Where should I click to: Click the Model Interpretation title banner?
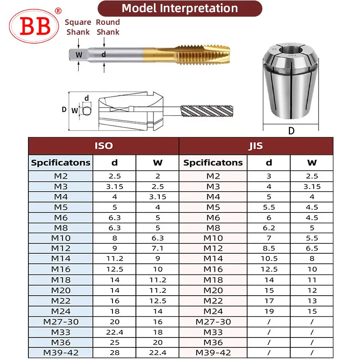click(180, 9)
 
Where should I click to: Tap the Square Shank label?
click(78, 27)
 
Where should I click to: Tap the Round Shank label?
click(108, 27)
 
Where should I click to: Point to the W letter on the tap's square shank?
click(79, 55)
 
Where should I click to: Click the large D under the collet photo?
click(291, 131)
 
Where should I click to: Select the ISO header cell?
click(103, 146)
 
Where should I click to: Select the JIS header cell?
click(256, 146)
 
